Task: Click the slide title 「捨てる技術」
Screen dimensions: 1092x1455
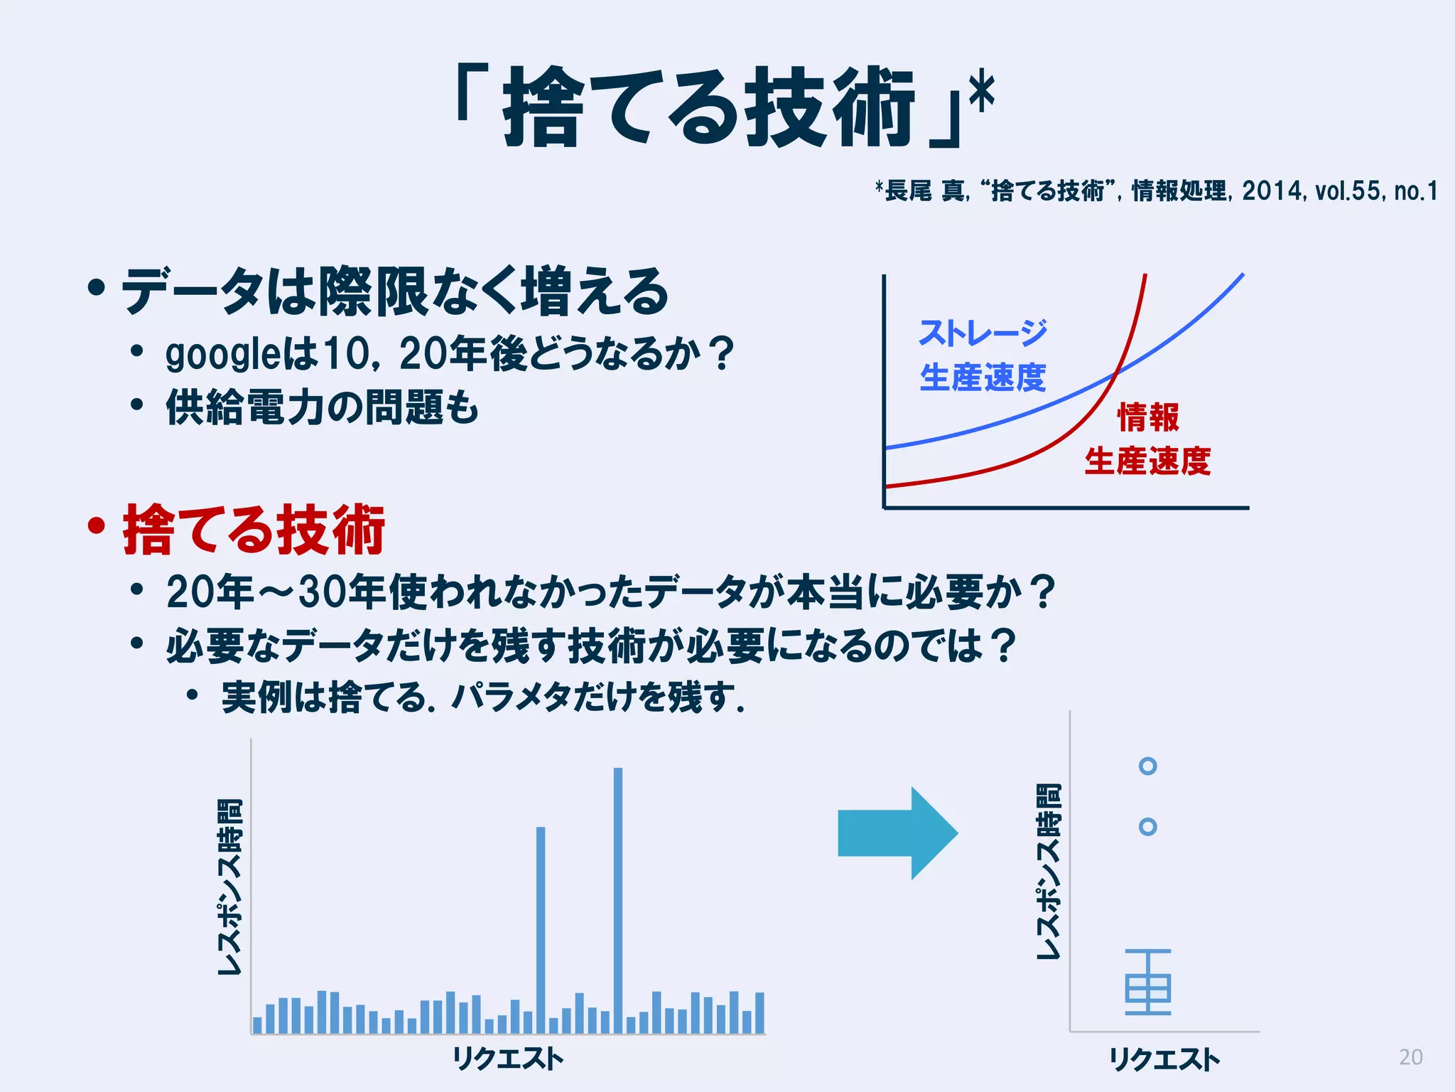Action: [x=710, y=107]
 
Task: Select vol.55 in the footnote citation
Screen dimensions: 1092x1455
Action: [x=1347, y=191]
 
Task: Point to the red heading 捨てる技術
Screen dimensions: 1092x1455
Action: [x=254, y=529]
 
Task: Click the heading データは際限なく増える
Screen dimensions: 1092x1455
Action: [x=395, y=291]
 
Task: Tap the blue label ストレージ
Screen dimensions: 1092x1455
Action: [x=983, y=333]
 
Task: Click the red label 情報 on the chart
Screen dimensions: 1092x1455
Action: [x=1148, y=417]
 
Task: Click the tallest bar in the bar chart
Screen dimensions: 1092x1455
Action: [x=618, y=899]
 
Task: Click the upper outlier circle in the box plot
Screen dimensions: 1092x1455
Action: [x=1147, y=766]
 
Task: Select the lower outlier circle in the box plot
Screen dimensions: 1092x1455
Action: [x=1147, y=827]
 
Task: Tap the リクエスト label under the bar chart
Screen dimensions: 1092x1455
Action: [x=508, y=1059]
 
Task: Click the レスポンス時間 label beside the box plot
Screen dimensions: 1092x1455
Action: [x=1049, y=871]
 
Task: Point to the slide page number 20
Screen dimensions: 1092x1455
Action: [x=1410, y=1057]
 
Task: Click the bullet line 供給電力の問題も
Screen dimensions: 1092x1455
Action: [x=322, y=407]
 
